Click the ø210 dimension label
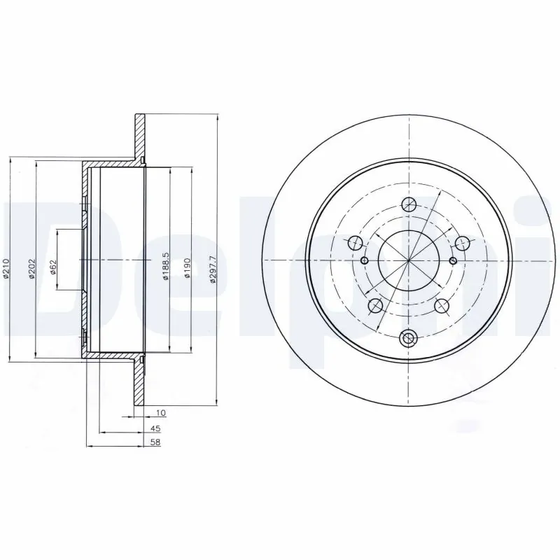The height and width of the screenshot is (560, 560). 6,269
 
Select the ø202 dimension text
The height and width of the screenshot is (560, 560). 31,269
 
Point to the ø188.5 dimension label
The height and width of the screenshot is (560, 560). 165,267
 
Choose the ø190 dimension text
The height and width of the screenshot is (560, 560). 188,269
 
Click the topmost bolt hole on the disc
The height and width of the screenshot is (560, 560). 409,204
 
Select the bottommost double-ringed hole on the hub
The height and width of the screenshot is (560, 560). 408,339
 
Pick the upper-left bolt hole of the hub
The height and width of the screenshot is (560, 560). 355,244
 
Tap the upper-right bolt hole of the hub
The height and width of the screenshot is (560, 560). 461,243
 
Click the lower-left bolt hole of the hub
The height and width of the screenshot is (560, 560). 375,305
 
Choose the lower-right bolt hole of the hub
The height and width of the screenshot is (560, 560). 442,305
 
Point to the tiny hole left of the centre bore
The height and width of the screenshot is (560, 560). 365,260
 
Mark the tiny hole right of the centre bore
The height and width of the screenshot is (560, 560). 453,262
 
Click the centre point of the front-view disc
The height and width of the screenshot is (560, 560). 408,260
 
